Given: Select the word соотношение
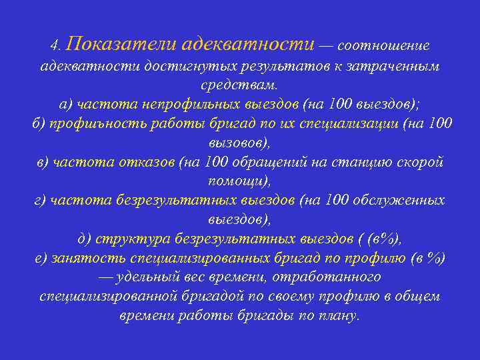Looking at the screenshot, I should coord(383,45).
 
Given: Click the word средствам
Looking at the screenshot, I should coord(239,86).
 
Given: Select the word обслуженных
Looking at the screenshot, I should coord(398,200).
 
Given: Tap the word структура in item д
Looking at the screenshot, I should coord(127,239).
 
